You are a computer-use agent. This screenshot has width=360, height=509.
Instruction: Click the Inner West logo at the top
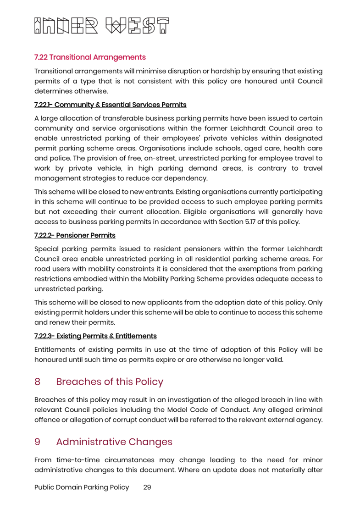tap(102, 26)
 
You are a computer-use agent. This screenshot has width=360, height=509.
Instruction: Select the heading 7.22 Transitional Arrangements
tap(90, 57)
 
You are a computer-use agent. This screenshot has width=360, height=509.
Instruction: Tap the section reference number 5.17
tap(250, 222)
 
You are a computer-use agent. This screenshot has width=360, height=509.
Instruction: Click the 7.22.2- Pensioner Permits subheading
tap(75, 235)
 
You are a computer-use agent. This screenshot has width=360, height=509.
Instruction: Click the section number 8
tap(37, 382)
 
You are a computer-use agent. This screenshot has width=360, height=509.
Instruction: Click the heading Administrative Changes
tap(114, 442)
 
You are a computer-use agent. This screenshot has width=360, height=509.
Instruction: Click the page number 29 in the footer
tap(147, 487)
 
